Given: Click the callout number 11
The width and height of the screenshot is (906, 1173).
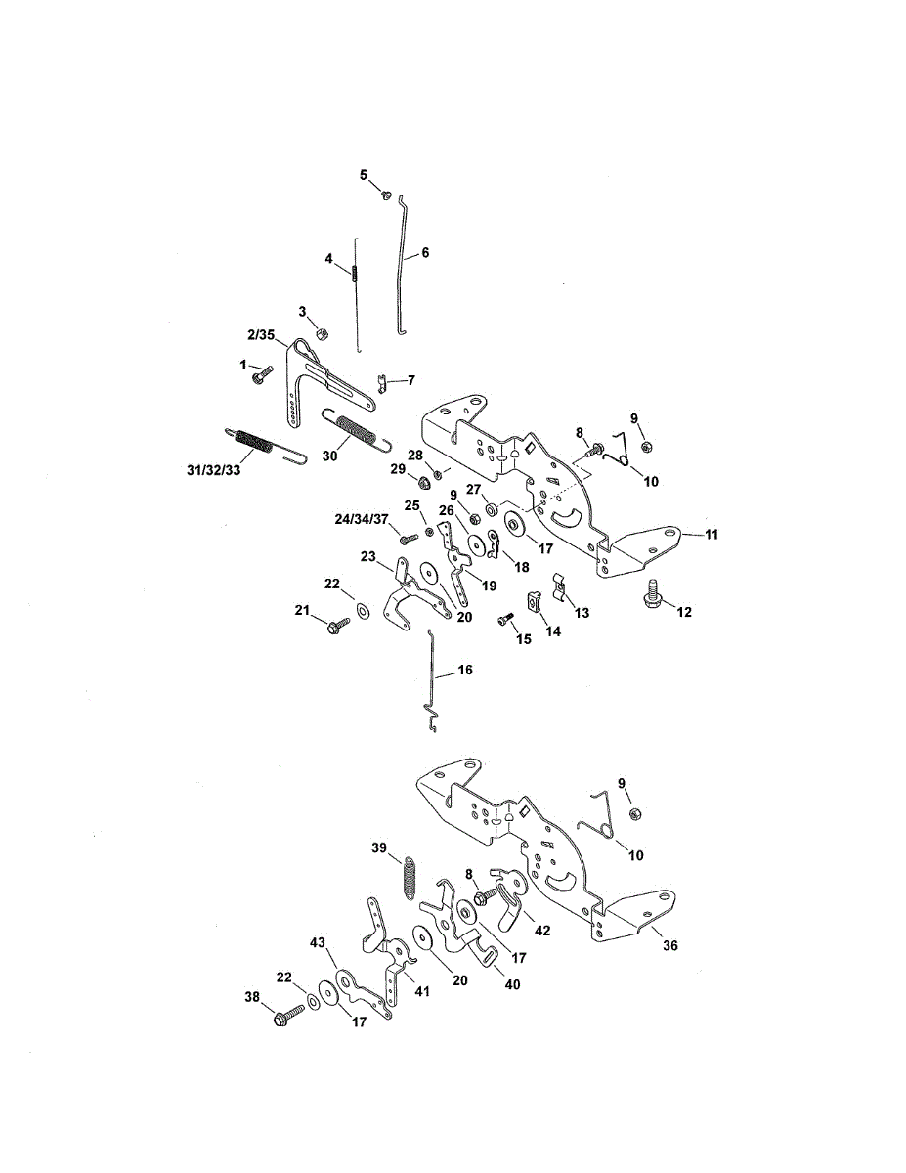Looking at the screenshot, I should click(x=712, y=535).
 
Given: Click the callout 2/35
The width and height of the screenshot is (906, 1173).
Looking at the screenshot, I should click(x=262, y=334).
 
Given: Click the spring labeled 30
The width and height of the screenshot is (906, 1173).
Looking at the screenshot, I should click(x=356, y=430).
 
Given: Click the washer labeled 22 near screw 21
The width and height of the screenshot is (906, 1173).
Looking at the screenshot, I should click(x=363, y=611).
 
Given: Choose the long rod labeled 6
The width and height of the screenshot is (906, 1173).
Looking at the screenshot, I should click(x=405, y=264).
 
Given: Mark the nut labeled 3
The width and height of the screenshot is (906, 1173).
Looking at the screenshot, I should click(x=321, y=330).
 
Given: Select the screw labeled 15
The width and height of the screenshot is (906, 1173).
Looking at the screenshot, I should click(x=504, y=618).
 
